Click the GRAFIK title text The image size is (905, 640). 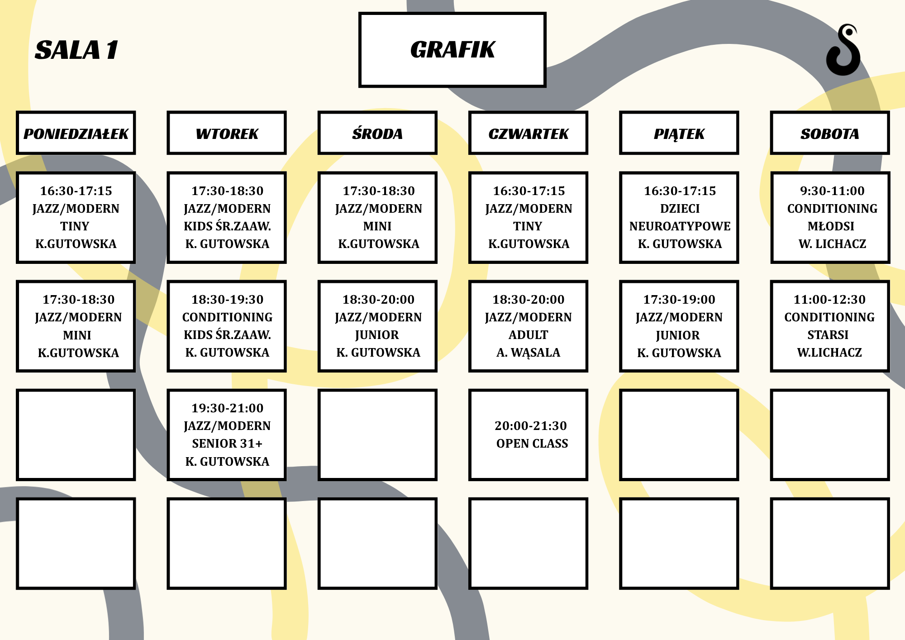click(452, 50)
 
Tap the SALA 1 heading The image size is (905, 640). click(76, 50)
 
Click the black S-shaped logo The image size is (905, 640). click(843, 50)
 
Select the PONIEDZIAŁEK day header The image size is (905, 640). click(76, 134)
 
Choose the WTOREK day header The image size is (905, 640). click(227, 134)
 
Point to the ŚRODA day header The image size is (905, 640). click(377, 134)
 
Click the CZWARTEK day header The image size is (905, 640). click(528, 134)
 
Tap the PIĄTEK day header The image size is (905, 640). click(679, 134)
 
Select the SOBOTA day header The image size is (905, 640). click(830, 134)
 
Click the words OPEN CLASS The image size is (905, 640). click(532, 444)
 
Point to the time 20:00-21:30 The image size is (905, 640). click(531, 426)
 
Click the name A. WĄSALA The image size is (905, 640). click(529, 353)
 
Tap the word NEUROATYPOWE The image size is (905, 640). click(680, 226)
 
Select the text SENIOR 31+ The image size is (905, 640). click(227, 444)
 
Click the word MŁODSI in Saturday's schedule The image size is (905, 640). click(831, 226)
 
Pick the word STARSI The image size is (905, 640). click(828, 335)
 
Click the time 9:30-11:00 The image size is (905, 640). click(832, 191)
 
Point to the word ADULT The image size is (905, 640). click(529, 335)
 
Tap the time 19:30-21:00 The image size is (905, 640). click(228, 408)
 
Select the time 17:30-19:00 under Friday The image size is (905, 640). click(680, 300)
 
